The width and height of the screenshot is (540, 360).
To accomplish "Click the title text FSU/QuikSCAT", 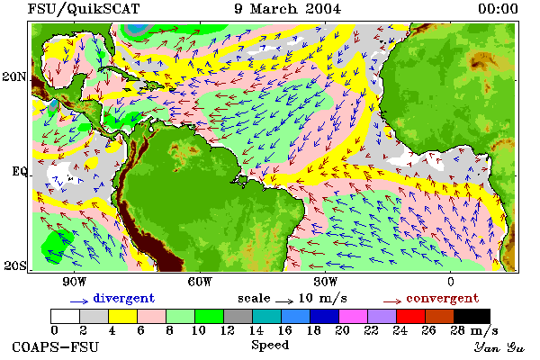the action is click(x=84, y=9).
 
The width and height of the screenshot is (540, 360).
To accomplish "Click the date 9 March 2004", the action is click(x=288, y=9).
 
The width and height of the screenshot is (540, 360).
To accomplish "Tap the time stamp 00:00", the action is click(x=498, y=9).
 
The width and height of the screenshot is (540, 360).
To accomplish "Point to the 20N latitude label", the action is click(x=14, y=76).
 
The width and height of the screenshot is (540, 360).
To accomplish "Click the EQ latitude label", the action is click(x=20, y=171).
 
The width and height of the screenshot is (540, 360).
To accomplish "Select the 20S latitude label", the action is click(x=14, y=265).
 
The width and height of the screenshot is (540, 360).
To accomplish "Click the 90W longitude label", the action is click(x=75, y=282).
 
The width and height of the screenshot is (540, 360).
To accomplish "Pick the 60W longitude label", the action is click(x=200, y=282).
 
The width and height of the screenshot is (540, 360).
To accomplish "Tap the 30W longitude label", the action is click(x=326, y=282).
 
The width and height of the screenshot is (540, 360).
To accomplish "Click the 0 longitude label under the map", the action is click(x=451, y=282).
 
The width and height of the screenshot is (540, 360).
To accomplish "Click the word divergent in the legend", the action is click(x=124, y=299).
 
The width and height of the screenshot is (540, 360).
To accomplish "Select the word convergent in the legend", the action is click(x=443, y=298).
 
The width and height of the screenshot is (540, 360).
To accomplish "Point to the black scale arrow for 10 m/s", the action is click(x=284, y=301).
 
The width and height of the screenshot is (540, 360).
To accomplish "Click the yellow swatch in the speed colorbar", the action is click(x=123, y=316).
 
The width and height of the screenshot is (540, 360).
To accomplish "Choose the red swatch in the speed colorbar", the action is click(x=411, y=316).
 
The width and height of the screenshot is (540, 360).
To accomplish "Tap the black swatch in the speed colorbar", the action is click(x=472, y=316).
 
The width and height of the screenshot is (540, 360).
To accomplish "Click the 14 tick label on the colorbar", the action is click(x=256, y=330).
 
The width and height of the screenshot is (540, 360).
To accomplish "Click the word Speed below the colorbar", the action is click(x=270, y=346).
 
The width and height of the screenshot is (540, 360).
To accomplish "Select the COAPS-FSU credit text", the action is click(x=56, y=346).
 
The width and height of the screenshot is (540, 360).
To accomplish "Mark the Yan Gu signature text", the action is click(x=499, y=346).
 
